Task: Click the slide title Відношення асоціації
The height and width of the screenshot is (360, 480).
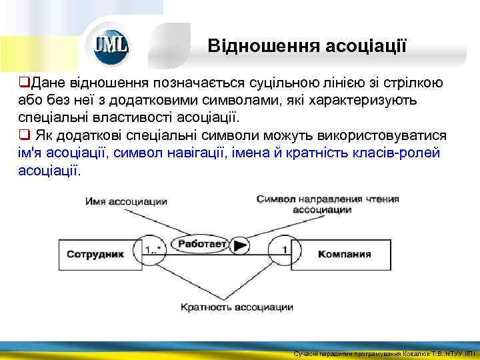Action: coord(307,46)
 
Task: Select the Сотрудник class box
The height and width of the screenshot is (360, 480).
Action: coord(96,253)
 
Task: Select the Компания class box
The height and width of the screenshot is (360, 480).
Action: coord(344,253)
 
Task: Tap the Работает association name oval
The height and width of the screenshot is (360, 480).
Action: coord(201,245)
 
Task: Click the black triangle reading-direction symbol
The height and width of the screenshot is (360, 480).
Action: coord(241,245)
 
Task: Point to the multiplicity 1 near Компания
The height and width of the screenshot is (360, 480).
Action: coord(285,250)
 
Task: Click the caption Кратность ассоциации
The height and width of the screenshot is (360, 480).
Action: coord(237,307)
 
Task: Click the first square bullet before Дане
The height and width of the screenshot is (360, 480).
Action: coord(23,83)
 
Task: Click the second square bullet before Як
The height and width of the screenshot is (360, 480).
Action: coord(23,135)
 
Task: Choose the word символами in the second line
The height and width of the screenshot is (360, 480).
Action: coord(237,100)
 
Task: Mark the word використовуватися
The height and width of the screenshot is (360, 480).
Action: coord(387,135)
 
